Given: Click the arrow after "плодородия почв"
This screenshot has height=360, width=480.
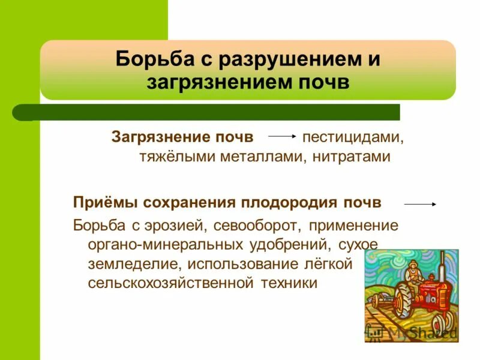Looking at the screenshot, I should (419, 205).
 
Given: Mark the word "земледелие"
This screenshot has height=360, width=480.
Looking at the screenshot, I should (134, 264).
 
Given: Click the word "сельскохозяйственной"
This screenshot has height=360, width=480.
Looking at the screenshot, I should (170, 283).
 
